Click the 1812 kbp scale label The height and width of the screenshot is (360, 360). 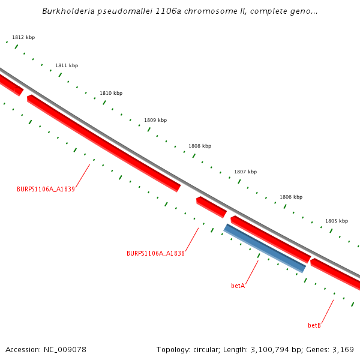(x=23, y=37)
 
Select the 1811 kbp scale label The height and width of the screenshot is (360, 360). (x=67, y=65)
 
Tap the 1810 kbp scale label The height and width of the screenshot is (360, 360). (x=111, y=93)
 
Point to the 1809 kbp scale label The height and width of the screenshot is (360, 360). (x=155, y=120)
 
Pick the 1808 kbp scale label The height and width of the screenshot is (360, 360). (x=200, y=146)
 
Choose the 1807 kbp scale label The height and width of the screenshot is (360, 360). (x=245, y=172)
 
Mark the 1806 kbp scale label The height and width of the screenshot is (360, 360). (x=291, y=197)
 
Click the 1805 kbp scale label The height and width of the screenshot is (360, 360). (x=337, y=221)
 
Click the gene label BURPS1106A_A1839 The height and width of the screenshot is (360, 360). (x=46, y=189)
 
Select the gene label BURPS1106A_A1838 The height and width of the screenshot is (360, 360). (x=155, y=253)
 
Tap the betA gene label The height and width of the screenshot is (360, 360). (x=238, y=286)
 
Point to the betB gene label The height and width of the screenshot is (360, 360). (x=314, y=325)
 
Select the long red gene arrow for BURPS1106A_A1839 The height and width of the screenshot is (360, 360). (x=103, y=143)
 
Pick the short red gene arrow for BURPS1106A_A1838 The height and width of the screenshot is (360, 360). (x=211, y=206)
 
